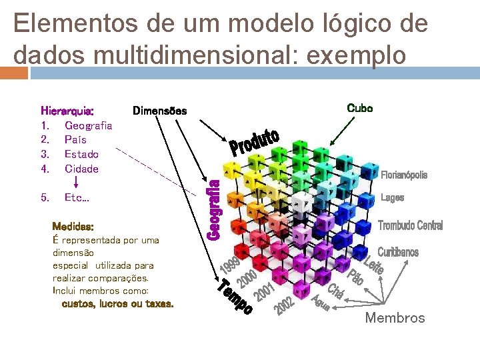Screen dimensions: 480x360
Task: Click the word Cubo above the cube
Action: coord(360,108)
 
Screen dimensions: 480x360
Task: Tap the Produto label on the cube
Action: coord(254,142)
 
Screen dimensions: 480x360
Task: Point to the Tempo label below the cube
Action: coord(235,298)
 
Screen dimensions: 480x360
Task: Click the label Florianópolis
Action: coord(404,175)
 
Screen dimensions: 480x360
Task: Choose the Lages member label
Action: coord(392,198)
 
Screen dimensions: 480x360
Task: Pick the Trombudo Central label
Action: coord(410,225)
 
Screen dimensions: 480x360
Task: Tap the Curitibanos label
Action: coord(398,252)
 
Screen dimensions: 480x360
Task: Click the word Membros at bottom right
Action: coord(395,318)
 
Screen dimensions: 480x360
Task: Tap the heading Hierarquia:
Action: coord(67,111)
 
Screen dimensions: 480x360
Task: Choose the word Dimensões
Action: coord(159,111)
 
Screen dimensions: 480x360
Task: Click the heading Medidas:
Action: coord(73,227)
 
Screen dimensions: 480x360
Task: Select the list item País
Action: coord(75,140)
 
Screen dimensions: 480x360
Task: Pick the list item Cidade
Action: coord(81,169)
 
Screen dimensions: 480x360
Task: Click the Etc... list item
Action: coord(77,198)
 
